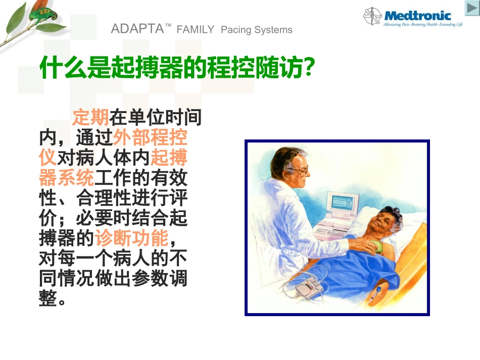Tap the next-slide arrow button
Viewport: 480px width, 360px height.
[x=471, y=8]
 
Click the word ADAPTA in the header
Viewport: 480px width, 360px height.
[x=134, y=29]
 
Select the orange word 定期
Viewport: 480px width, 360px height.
[x=90, y=118]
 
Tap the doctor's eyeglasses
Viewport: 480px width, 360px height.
[x=299, y=171]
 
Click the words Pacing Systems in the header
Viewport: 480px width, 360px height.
[x=257, y=30]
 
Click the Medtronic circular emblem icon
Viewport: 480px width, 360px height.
[x=372, y=16]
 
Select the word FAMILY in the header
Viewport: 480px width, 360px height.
[x=196, y=30]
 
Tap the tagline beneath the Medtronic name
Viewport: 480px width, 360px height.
[x=423, y=25]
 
